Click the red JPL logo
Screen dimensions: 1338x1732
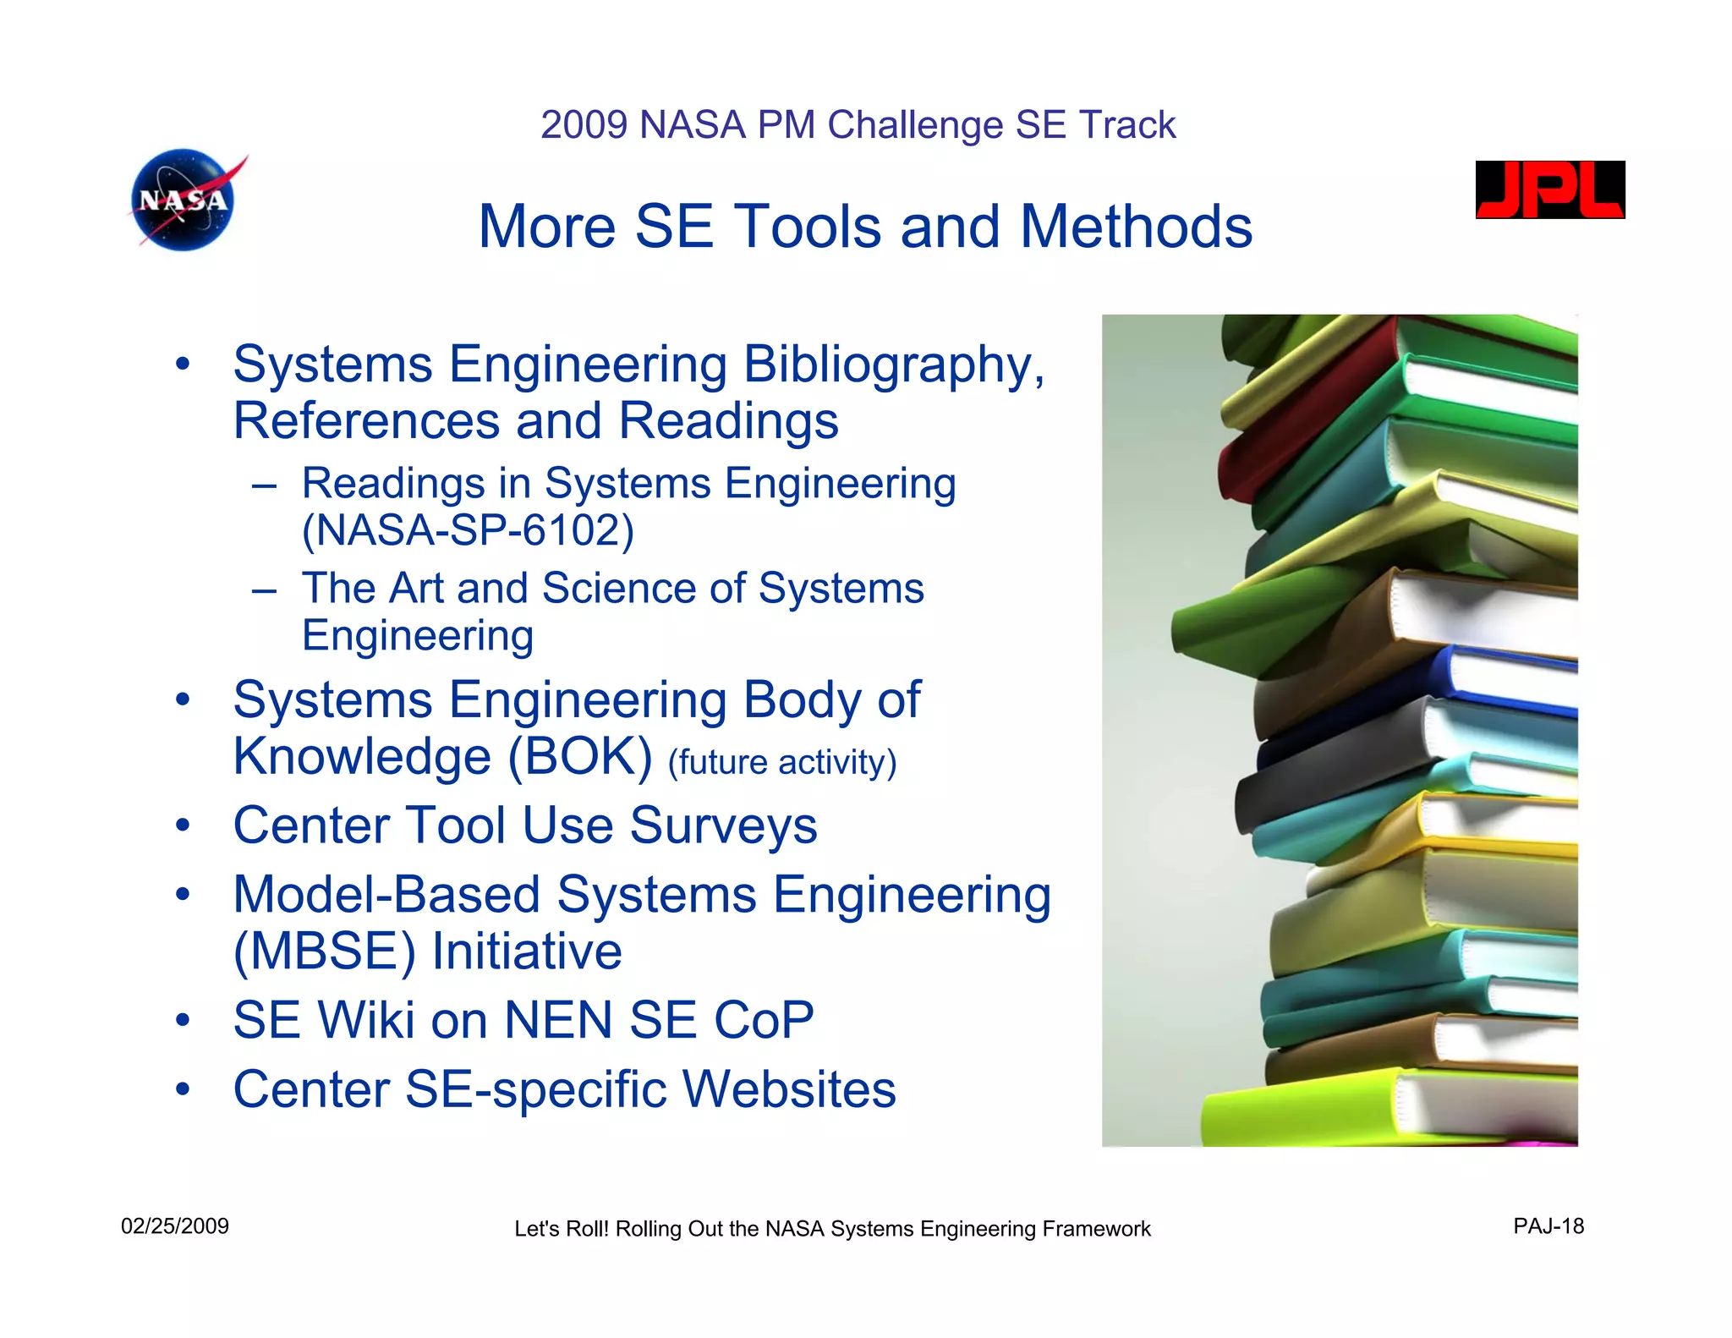(x=1549, y=190)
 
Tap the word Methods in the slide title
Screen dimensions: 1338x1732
(x=1136, y=227)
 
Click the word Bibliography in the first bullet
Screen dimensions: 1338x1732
(x=893, y=365)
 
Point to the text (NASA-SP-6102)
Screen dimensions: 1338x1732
(x=468, y=530)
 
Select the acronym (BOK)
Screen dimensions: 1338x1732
(x=579, y=756)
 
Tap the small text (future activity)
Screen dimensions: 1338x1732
(x=781, y=762)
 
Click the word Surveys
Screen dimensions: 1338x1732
(x=723, y=825)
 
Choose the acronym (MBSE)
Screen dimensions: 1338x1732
(x=325, y=951)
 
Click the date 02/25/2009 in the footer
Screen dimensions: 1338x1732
(x=175, y=1226)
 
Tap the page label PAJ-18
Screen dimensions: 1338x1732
(x=1548, y=1226)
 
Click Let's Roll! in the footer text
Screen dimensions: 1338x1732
(x=561, y=1229)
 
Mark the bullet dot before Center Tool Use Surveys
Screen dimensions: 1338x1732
(x=183, y=825)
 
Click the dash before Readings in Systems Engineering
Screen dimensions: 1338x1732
(x=264, y=486)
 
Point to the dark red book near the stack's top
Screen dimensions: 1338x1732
(x=1319, y=398)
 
